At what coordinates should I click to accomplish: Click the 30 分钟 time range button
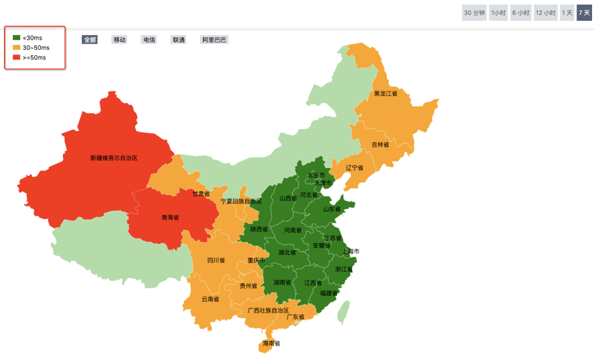point(474,13)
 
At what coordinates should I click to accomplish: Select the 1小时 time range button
point(498,13)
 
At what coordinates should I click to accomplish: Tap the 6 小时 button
point(521,13)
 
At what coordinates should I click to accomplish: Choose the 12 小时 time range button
point(546,13)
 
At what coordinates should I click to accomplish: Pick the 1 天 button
point(567,13)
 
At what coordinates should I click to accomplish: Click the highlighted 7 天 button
point(584,13)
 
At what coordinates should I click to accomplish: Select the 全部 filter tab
point(89,40)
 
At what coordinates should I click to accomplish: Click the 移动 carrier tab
point(119,40)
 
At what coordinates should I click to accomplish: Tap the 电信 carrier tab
point(149,40)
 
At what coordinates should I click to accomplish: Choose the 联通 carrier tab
point(178,40)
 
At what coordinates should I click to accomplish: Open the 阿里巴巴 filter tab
point(214,40)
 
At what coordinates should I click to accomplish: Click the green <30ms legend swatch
point(16,38)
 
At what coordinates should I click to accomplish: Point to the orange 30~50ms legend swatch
point(16,47)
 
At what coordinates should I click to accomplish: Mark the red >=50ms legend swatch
point(16,57)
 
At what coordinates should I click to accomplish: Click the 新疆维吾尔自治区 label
point(114,158)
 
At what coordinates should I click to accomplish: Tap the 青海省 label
point(170,217)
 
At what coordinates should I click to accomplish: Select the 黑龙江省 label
point(385,93)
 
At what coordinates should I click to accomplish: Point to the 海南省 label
point(271,343)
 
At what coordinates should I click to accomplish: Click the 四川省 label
point(216,260)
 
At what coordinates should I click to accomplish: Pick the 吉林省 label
point(380,145)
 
